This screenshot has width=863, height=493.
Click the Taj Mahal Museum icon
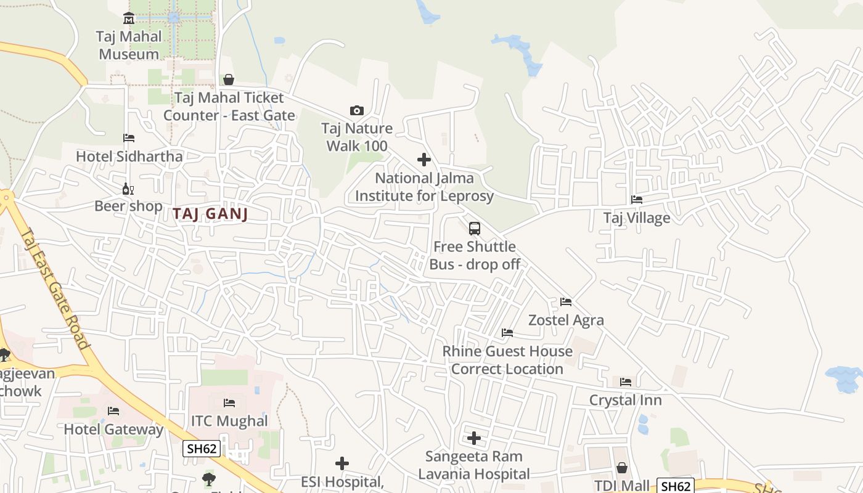point(128,18)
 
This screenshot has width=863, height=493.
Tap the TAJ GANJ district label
point(210,214)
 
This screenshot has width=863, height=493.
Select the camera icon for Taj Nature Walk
point(356,111)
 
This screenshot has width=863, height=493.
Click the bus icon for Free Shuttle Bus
point(474,229)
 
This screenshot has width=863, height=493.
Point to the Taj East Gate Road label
point(54,288)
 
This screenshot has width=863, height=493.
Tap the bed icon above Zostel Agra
point(566,302)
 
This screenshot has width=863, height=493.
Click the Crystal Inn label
point(625,400)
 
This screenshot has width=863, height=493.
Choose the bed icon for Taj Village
point(637,200)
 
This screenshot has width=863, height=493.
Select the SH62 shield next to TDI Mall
point(675,486)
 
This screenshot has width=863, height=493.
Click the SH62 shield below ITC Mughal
point(201,449)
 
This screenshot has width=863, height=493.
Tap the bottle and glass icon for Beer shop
point(128,189)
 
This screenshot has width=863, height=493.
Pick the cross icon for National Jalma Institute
point(424,160)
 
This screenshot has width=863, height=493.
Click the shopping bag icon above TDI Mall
point(622,468)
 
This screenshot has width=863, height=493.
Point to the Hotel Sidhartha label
point(129,156)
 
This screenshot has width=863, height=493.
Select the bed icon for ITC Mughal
point(229,403)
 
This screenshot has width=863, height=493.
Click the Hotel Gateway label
point(113,430)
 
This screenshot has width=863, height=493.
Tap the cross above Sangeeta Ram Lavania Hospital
point(473,438)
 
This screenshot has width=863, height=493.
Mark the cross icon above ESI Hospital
point(342,463)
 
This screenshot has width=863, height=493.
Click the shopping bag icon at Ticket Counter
point(229,79)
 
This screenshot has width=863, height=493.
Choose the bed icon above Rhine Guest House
point(507,333)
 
